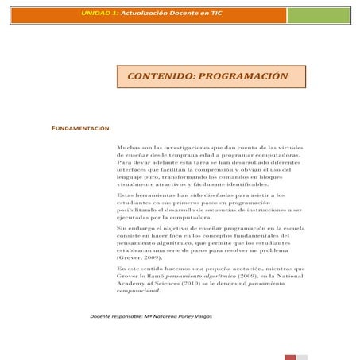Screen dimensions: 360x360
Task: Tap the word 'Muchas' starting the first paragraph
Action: click(128, 148)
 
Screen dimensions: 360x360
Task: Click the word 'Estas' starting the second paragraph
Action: click(127, 195)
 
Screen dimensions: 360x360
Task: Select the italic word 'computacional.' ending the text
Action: click(142, 290)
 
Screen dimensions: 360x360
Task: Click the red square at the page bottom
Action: click(291, 358)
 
